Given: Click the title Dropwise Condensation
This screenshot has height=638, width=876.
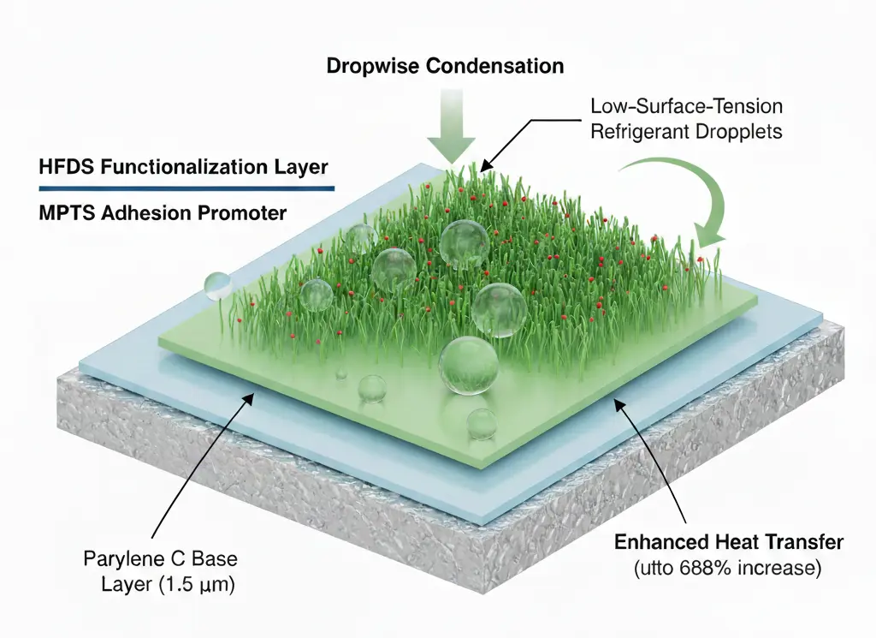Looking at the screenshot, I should [x=445, y=66].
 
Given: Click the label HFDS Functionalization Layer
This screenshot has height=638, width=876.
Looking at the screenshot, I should [x=183, y=166].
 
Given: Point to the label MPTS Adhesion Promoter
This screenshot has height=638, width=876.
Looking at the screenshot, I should [x=163, y=212].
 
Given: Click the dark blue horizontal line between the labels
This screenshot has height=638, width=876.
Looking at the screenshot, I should [x=183, y=188].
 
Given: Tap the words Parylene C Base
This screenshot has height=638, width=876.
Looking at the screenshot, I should [x=161, y=560].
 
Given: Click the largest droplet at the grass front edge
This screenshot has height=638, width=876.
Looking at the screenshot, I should [x=468, y=365].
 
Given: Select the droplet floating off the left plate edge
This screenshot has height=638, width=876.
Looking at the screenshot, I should [x=217, y=286].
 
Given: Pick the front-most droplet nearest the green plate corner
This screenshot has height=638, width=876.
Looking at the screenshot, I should [x=482, y=424].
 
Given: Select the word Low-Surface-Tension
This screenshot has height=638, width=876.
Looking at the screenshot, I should [x=687, y=107].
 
